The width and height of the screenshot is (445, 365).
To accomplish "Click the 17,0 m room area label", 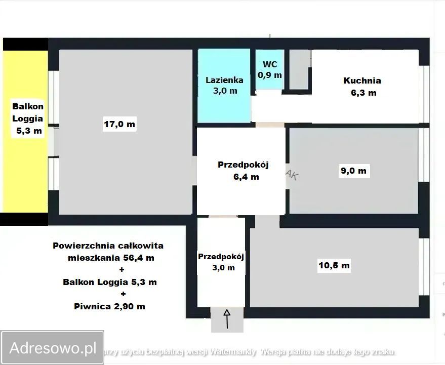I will coord(119,124).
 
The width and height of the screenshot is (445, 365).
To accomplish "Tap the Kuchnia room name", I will coord(362,80).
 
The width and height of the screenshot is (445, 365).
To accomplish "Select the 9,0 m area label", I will coord(353,171).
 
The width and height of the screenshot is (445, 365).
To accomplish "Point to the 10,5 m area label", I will coord(334,265).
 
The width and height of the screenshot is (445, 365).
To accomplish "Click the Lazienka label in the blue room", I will coord(224,80).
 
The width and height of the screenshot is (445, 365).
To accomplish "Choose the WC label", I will coord(269,64).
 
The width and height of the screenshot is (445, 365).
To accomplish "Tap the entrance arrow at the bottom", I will coord(227,319).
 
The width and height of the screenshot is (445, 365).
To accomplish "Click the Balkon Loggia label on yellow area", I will coord(28,113).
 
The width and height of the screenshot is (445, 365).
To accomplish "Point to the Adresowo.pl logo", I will coord(53,348).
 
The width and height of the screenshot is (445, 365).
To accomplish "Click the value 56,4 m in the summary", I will coord(135,258).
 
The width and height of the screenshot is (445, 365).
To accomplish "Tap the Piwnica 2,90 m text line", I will coord(109,306).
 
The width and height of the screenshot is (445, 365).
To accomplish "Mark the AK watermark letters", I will coord(292,175).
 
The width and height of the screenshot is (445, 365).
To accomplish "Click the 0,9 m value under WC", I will coord(270,75).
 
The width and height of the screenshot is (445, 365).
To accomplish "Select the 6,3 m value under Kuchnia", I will coord(363,93).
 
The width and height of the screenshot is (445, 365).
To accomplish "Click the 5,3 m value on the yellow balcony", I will coord(28,131).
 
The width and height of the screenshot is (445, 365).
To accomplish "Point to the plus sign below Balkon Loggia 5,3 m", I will coord(123,294).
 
